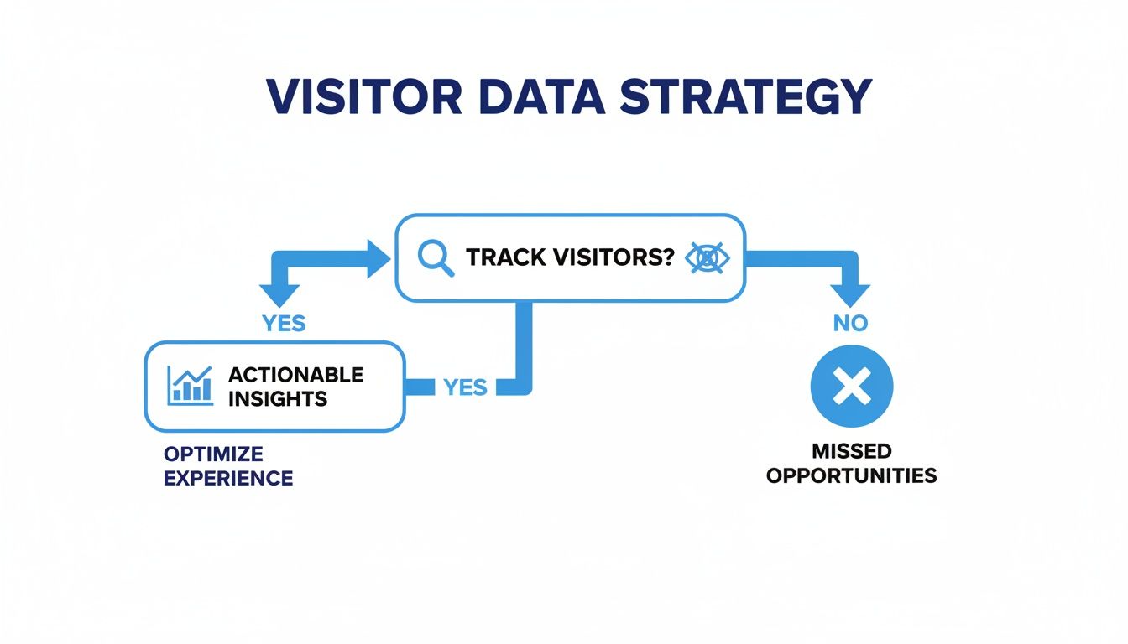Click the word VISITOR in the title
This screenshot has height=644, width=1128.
click(x=364, y=98)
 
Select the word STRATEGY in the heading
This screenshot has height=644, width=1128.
click(x=745, y=98)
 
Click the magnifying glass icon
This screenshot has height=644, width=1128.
click(x=435, y=258)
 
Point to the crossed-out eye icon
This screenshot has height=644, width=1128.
click(x=708, y=258)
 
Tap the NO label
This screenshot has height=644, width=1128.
click(x=850, y=323)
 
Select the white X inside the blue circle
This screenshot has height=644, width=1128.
click(x=851, y=387)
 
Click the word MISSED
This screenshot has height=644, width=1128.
click(x=851, y=452)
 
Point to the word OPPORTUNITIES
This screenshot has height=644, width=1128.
click(x=851, y=475)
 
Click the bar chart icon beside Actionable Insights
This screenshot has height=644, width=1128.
click(x=190, y=385)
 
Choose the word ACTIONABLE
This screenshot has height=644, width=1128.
click(x=295, y=374)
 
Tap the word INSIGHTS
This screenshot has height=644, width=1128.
click(x=277, y=398)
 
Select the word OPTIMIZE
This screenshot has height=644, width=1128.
click(x=213, y=454)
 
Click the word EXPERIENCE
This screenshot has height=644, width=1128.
click(x=228, y=479)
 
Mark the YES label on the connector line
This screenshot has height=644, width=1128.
click(x=465, y=387)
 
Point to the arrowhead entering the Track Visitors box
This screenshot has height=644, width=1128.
click(x=379, y=257)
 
